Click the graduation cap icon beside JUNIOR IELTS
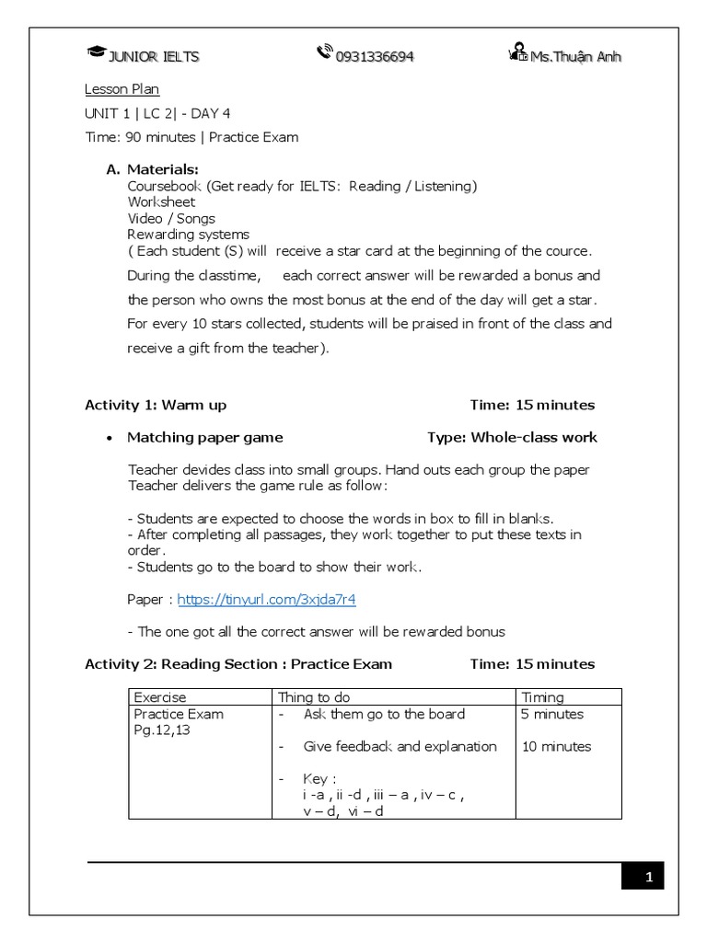tap(96, 54)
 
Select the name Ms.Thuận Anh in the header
tap(575, 57)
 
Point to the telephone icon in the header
tap(324, 53)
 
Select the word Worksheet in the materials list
tap(161, 201)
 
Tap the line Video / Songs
tap(171, 218)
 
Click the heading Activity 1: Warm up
tap(156, 405)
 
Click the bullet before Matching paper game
tap(110, 438)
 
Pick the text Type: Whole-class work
tap(512, 437)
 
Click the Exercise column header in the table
tap(160, 697)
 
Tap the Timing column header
tap(543, 697)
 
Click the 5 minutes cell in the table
tap(552, 714)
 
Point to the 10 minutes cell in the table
tap(556, 746)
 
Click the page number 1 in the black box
tap(649, 879)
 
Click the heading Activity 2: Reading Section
tap(238, 663)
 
